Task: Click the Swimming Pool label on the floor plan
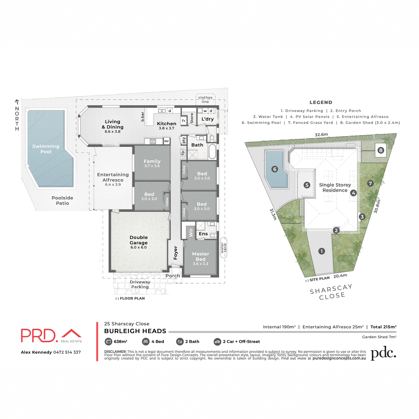[x=46, y=149]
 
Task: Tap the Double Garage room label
[x=139, y=240]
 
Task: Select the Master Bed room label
[x=200, y=257]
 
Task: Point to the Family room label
[x=152, y=162]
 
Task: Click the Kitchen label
[x=167, y=124]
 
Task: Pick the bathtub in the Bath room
[x=212, y=151]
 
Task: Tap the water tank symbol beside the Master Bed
[x=223, y=248]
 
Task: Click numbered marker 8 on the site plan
[x=381, y=150]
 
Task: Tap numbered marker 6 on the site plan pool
[x=274, y=169]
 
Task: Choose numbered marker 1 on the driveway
[x=322, y=251]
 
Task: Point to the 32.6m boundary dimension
[x=321, y=134]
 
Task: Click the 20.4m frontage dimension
[x=340, y=276]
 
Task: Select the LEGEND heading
[x=321, y=102]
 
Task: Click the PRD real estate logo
[x=51, y=336]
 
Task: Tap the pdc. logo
[x=383, y=353]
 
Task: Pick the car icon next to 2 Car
[x=217, y=341]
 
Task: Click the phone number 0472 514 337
[x=67, y=352]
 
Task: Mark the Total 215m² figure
[x=383, y=327]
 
